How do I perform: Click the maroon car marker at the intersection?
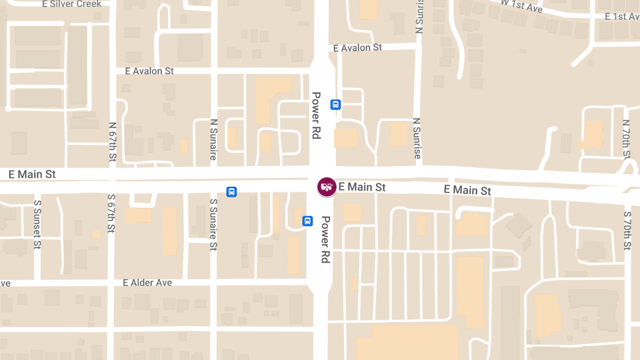click(326, 187)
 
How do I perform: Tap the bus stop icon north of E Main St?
click(335, 105)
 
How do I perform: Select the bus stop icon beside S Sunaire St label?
click(231, 192)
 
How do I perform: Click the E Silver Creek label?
click(71, 4)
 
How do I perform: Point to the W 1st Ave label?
click(522, 5)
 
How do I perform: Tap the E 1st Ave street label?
click(622, 17)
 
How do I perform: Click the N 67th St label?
click(113, 142)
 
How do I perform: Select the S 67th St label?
click(111, 213)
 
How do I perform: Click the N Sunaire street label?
click(213, 139)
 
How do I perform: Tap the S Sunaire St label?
click(213, 225)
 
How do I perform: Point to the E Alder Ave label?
click(147, 282)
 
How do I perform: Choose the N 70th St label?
click(626, 139)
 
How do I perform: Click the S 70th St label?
click(627, 230)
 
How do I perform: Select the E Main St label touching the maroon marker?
click(362, 187)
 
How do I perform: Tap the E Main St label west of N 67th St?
click(33, 174)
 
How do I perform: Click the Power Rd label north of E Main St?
click(316, 115)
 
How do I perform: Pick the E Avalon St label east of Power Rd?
click(357, 47)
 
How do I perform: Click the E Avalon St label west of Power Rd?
click(149, 70)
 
